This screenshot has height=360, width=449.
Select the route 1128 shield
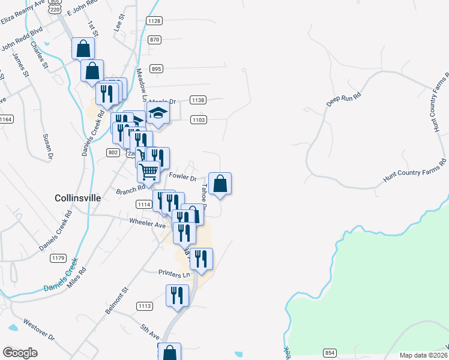(154, 21)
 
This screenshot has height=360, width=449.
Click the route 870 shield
(155, 40)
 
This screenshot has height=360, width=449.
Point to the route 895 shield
(156, 69)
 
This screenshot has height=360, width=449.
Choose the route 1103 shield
(199, 120)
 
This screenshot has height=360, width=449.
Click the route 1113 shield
(144, 306)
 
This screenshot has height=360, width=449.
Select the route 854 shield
(330, 352)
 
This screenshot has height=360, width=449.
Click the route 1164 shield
(5, 119)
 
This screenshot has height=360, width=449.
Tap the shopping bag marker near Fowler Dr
(220, 183)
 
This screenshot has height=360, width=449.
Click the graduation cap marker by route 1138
(157, 113)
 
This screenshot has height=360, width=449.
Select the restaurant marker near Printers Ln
(201, 258)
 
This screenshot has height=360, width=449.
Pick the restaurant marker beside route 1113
(177, 296)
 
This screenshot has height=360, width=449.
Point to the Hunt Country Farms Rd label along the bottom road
(414, 171)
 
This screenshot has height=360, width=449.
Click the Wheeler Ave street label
(147, 223)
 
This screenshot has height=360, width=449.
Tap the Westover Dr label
(39, 331)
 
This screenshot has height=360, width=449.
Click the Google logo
(20, 353)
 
